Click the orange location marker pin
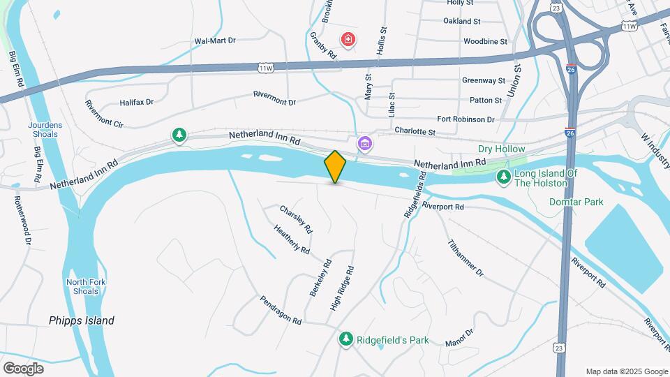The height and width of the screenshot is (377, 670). tap(335, 166)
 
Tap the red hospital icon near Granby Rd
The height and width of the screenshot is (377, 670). tap(347, 38)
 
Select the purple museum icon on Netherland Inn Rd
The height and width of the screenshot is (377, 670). tap(364, 144)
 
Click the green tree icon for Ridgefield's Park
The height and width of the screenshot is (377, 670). tap(345, 339)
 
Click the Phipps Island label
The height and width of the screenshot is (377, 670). tap(82, 321)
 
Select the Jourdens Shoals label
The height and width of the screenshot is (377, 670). tap(45, 130)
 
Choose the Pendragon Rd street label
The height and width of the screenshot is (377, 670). tap(280, 310)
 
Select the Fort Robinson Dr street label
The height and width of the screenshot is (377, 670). tap(466, 119)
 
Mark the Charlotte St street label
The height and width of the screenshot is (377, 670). tap(415, 131)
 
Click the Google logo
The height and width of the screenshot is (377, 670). tap(23, 368)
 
